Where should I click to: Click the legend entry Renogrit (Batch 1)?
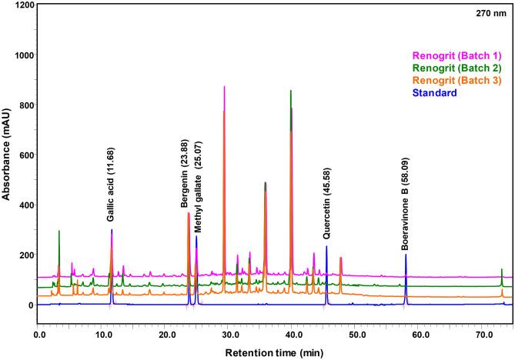[x=456, y=55]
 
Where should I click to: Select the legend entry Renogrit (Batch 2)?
[x=456, y=68]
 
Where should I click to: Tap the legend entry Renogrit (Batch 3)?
[x=456, y=80]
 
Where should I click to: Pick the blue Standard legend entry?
[x=435, y=92]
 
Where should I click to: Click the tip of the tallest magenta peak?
[x=224, y=87]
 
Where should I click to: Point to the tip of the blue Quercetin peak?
[x=326, y=247]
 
